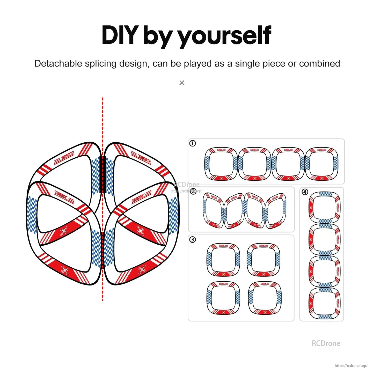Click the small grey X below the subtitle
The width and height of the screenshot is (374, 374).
182,83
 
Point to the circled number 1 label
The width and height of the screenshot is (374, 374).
193,143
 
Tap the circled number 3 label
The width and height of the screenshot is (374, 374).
193,240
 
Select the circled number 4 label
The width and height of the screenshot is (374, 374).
305,192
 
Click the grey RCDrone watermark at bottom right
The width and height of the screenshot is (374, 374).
326,343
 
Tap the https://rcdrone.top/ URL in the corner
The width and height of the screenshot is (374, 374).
351,366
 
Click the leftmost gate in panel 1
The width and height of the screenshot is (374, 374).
221,164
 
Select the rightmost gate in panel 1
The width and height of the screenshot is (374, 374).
321,164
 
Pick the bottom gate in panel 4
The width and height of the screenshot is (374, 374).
324,303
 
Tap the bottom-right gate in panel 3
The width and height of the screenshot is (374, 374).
265,298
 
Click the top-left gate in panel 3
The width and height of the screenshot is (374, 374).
223,260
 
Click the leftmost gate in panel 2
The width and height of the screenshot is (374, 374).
213,210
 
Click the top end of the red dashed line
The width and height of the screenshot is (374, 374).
103,98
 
